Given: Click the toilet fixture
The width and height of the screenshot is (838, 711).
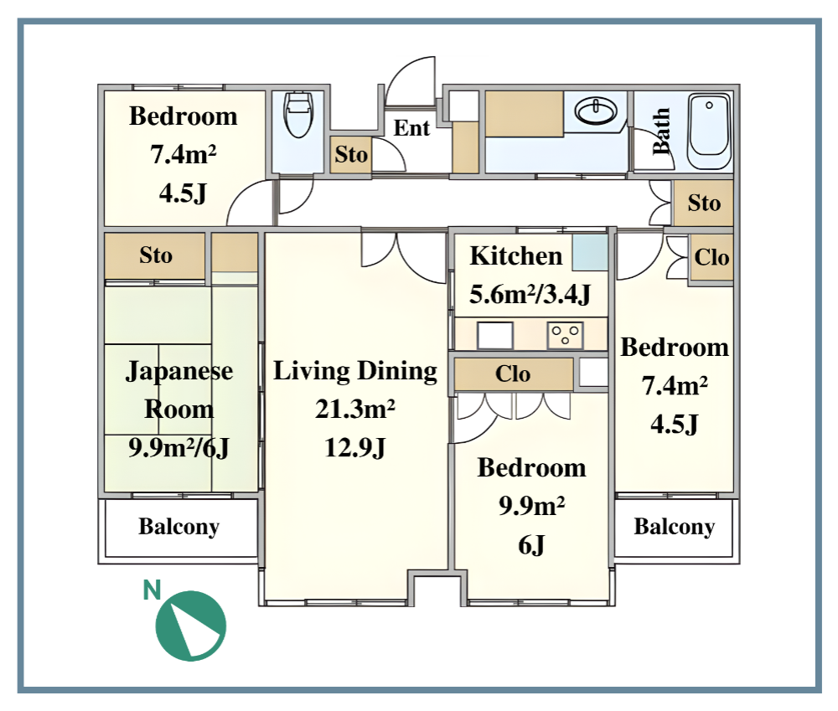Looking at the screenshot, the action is (x=298, y=115).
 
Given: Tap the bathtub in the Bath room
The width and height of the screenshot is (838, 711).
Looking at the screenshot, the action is (x=709, y=131).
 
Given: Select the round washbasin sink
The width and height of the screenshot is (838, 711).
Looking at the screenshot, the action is (x=595, y=112).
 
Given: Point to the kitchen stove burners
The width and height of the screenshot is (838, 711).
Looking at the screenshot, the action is (x=565, y=336).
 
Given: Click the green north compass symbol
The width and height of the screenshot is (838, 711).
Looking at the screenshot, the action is (x=191, y=626).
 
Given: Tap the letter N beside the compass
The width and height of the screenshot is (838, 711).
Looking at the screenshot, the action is (x=153, y=590).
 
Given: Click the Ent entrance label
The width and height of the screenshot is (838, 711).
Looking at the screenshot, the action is (x=411, y=128).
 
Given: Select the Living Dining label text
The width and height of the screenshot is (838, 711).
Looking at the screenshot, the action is (x=355, y=371).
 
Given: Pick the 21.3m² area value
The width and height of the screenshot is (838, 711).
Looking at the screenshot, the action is (x=355, y=410).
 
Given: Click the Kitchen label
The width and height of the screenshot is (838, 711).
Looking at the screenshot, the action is (x=515, y=256).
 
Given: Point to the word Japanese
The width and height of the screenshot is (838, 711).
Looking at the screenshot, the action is (x=179, y=372).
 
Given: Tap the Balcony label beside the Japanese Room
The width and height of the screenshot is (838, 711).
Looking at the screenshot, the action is (x=179, y=528).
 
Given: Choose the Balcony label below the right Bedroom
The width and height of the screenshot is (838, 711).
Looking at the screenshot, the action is (x=675, y=528).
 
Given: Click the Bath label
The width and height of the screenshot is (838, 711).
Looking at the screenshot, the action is (x=661, y=131).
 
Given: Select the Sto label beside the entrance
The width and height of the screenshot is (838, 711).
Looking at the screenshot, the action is (x=351, y=155).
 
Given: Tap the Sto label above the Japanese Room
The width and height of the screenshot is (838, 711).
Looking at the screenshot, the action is (x=156, y=255).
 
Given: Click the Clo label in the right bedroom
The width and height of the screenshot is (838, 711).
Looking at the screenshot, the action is (x=711, y=257).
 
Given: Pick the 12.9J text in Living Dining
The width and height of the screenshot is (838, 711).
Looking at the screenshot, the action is (x=355, y=448).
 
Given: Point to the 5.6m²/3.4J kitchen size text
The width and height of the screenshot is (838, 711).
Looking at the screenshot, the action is (x=530, y=294).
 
